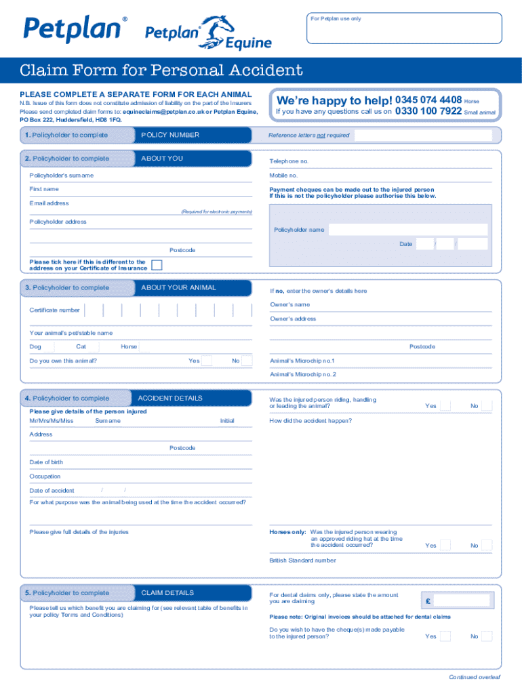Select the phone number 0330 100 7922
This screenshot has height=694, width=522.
pos(428,111)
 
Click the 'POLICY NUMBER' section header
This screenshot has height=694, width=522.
pos(170,135)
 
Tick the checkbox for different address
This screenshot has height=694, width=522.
pos(157,265)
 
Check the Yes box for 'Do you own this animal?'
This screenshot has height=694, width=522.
pos(207,361)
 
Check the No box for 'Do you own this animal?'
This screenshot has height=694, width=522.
pos(247,361)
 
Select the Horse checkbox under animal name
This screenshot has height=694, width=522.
pos(144,347)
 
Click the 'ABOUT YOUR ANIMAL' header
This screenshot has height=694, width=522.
pos(178,287)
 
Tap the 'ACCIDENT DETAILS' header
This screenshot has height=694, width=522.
pos(170,398)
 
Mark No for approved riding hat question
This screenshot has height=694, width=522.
pos(487,546)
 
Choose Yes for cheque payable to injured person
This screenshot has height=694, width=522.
pos(445,636)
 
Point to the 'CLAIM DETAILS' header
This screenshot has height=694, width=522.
pos(167,592)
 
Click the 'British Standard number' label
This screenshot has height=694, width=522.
pos(302,560)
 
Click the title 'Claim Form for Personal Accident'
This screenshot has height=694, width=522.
pos(161,70)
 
